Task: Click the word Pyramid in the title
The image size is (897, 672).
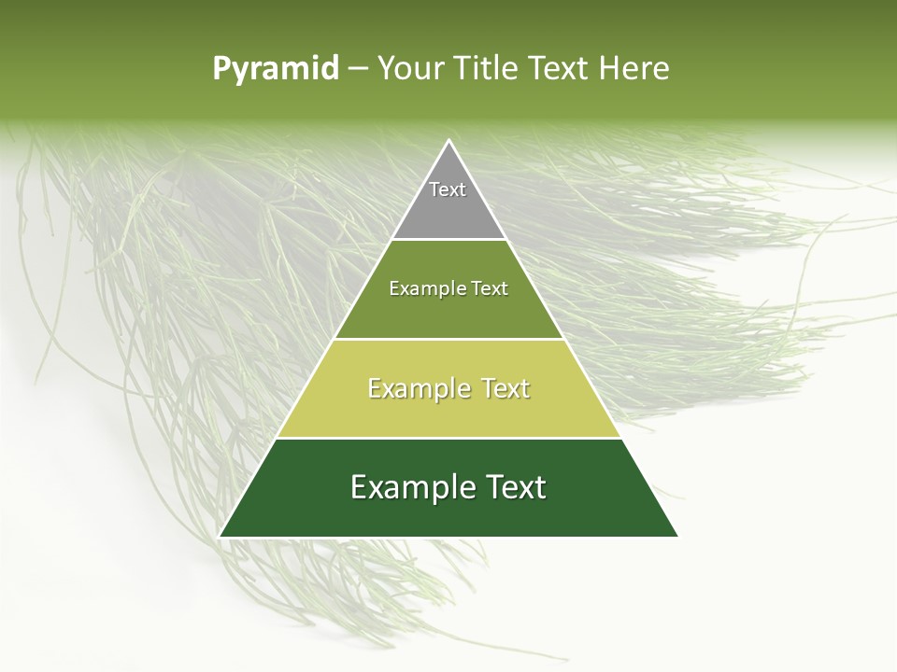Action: (275, 69)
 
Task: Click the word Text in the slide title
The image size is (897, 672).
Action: (561, 69)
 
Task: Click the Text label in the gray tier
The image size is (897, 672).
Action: (448, 189)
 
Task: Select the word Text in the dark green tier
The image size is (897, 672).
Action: (512, 487)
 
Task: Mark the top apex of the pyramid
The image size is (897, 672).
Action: (448, 142)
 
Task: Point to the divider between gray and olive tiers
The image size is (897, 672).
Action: (448, 240)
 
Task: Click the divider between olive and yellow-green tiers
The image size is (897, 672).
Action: (448, 339)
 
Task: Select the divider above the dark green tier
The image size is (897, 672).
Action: (448, 438)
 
